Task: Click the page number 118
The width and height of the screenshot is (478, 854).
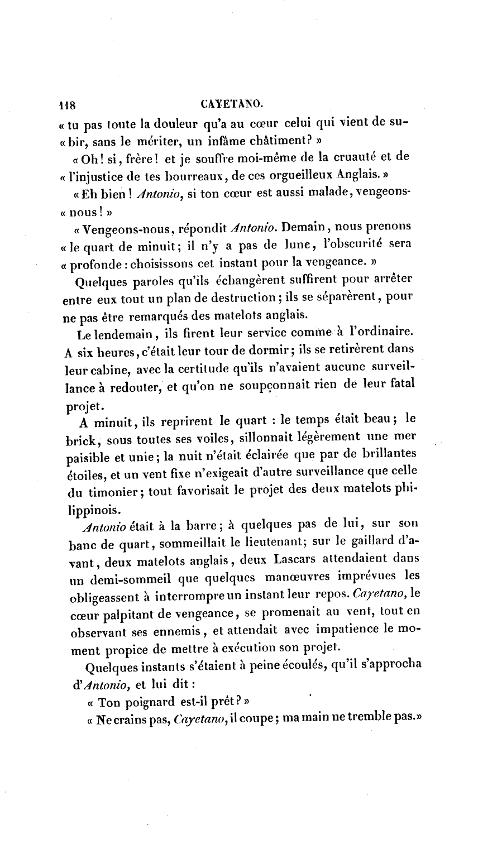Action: [71, 105]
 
